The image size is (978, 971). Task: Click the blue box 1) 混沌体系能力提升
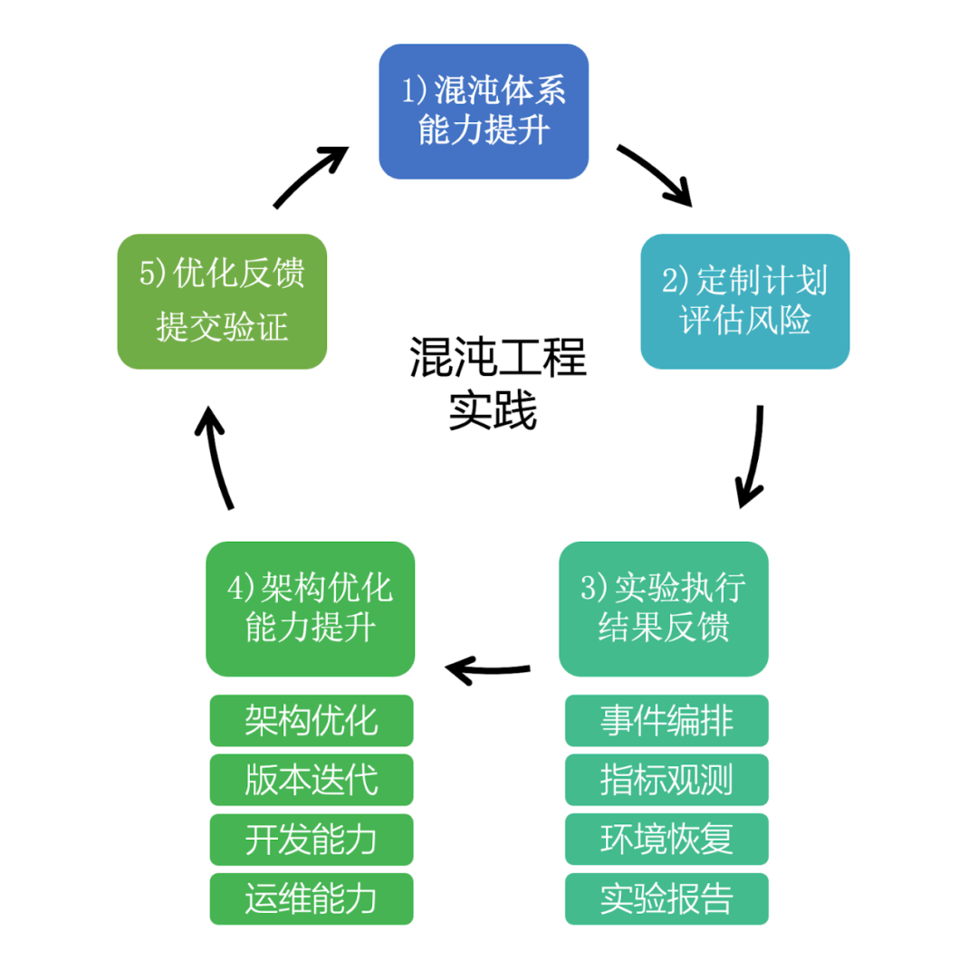[484, 111]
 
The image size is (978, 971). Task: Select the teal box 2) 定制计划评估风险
[744, 301]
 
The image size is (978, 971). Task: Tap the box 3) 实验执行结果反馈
[663, 608]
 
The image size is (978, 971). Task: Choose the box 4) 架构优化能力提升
[310, 608]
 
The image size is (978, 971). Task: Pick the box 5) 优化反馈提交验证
[222, 301]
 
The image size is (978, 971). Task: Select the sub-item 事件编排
[666, 720]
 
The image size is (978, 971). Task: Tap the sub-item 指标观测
[666, 780]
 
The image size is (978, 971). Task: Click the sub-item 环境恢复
[666, 840]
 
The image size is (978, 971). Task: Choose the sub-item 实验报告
[666, 899]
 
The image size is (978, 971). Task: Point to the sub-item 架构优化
[311, 720]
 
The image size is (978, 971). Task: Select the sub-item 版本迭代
[311, 780]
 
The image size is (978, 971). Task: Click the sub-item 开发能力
[311, 840]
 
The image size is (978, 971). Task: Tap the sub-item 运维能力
[311, 899]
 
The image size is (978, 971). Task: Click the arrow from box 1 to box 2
[654, 172]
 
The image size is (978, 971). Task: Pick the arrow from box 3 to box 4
[487, 670]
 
